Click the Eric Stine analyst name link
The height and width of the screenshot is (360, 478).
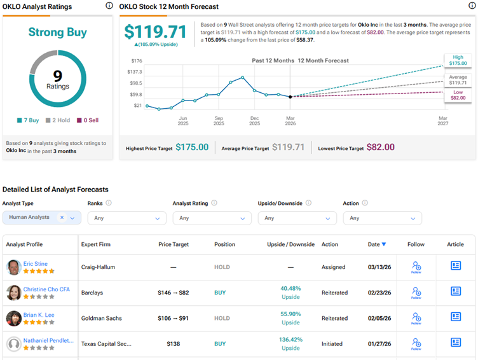[x=35, y=263]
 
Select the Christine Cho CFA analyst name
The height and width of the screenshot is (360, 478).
[x=46, y=289]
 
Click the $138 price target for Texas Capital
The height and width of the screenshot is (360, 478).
[x=174, y=343]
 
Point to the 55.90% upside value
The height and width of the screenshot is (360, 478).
[x=290, y=314]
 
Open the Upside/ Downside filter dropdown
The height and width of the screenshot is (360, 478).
[x=297, y=218]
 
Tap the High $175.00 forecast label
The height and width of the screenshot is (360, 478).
[x=458, y=60]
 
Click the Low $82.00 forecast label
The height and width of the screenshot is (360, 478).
[x=458, y=94]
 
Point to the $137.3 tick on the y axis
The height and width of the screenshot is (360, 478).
[x=135, y=72]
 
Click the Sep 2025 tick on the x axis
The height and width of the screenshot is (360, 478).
[x=219, y=121]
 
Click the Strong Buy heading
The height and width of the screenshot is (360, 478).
[x=58, y=32]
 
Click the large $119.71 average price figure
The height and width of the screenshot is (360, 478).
[x=155, y=32]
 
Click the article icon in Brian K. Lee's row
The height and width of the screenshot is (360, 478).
[x=456, y=317]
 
